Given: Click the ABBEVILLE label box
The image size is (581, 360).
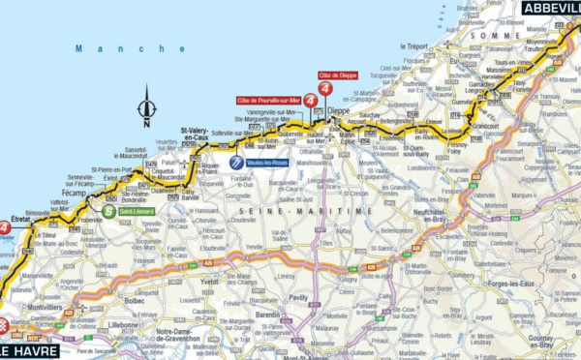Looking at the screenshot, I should (x=550, y=7).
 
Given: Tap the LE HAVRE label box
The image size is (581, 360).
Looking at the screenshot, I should (x=28, y=350).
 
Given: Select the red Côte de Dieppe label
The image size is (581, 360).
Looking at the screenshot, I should (x=337, y=75).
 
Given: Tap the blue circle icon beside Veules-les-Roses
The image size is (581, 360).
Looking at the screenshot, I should (x=235, y=164).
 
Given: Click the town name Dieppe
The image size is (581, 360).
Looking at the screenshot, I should (x=338, y=112).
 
